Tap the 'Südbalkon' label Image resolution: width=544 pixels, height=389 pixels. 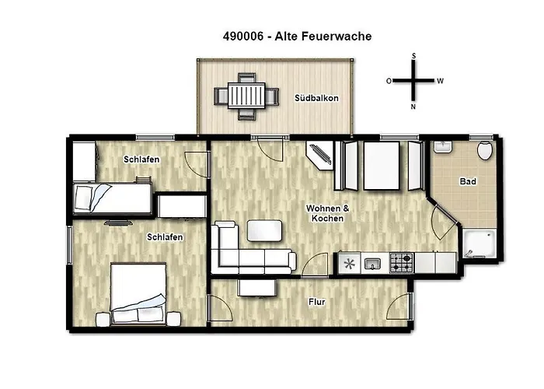pos(316,99)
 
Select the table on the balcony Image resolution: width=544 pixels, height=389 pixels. pos(246,96)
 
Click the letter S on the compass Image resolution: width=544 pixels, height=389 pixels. pos(414,56)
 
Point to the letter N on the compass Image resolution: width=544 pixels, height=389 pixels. pos(413,106)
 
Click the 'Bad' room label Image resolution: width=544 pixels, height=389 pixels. pos(468,181)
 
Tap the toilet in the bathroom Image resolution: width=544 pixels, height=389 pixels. pos(486,149)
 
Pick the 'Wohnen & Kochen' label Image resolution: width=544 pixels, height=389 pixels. pos(326,214)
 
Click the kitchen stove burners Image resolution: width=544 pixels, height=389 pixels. pos(401,263)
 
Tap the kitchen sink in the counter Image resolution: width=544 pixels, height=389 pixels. pos(372,263)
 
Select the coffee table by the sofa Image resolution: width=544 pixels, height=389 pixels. pos(264,230)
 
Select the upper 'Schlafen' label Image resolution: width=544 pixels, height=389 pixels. pos(141,159)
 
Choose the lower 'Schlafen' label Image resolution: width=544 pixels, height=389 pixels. pos(165,237)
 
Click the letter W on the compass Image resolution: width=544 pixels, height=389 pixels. pos(440,81)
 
